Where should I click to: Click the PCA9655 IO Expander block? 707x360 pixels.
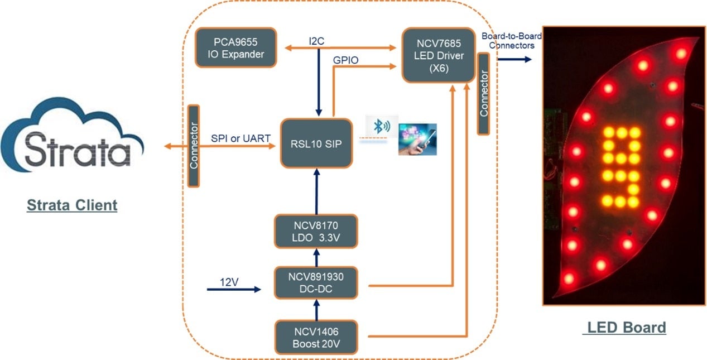click(235, 47)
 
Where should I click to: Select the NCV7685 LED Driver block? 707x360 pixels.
click(439, 56)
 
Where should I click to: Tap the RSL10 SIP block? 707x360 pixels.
click(316, 143)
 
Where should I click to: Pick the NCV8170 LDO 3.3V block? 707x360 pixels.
click(316, 231)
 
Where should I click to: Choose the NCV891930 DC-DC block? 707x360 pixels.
click(316, 283)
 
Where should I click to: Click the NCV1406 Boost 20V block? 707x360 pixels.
click(316, 337)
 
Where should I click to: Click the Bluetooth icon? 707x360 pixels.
click(382, 127)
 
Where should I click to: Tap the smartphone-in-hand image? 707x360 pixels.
click(417, 139)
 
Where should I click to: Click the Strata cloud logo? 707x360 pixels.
click(73, 142)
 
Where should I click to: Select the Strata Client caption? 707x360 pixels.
click(72, 205)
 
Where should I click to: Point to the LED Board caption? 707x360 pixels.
click(624, 328)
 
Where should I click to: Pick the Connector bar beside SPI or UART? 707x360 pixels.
click(194, 146)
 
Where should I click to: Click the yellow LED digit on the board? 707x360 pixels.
click(620, 165)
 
